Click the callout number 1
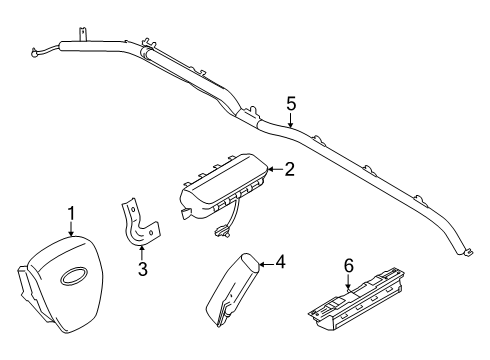pos(71,213)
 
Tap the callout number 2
pos(288,170)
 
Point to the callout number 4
pos(280,263)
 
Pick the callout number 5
pos(291,103)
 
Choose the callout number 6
pos(348,264)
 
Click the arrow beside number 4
pos(264,264)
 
